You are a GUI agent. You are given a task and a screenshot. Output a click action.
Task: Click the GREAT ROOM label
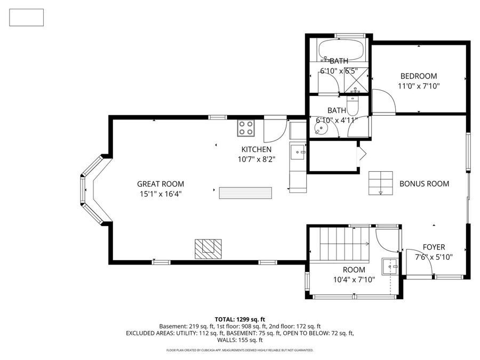[153, 183]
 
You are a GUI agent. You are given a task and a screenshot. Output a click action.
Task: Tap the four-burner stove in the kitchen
[246, 128]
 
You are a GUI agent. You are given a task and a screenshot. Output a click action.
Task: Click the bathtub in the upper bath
[341, 52]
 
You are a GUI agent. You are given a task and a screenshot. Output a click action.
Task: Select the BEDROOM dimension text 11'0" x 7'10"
[419, 85]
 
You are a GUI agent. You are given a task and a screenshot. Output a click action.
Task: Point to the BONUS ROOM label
[424, 183]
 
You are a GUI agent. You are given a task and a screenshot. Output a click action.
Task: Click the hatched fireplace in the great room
[207, 247]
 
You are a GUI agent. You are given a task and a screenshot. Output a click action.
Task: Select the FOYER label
[434, 247]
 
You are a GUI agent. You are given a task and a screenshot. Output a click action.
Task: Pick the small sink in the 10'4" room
[390, 265]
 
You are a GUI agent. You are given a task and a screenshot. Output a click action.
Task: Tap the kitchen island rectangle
[245, 193]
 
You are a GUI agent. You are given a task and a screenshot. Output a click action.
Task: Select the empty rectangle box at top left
[27, 18]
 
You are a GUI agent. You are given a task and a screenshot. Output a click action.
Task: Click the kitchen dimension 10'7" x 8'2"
[257, 159]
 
